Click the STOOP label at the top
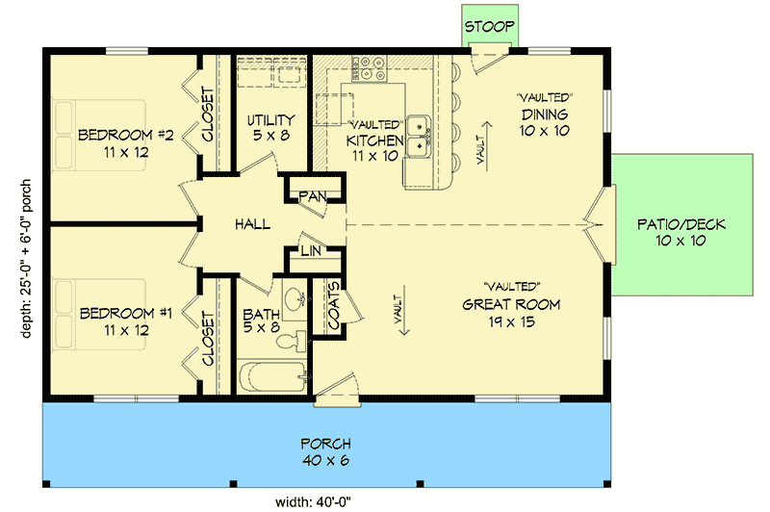tap(491, 26)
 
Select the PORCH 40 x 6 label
tap(324, 451)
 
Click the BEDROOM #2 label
tap(125, 142)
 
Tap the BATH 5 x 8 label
tap(261, 321)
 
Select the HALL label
tap(251, 224)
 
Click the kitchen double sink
tap(419, 135)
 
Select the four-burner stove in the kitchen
tap(370, 67)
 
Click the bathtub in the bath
tap(272, 376)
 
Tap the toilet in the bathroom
tap(297, 338)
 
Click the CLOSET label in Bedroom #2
tap(208, 115)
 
